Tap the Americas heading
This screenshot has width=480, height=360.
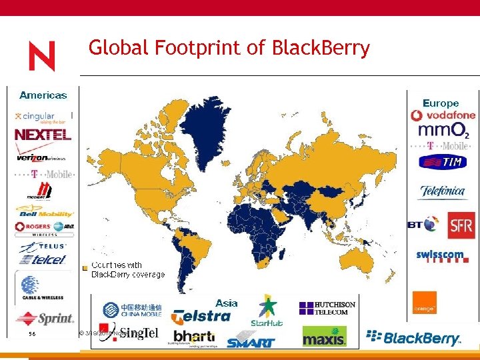coord(43,95)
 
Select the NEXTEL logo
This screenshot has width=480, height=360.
coord(43,135)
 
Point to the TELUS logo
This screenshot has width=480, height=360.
coord(43,246)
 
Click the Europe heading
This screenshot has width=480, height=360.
coord(441,103)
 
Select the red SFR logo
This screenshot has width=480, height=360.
coord(461,225)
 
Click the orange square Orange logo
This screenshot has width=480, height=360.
coord(424,302)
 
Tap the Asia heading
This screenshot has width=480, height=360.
coord(227,303)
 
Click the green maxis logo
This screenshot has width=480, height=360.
coord(325,336)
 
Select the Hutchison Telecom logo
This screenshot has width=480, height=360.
coord(327,308)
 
